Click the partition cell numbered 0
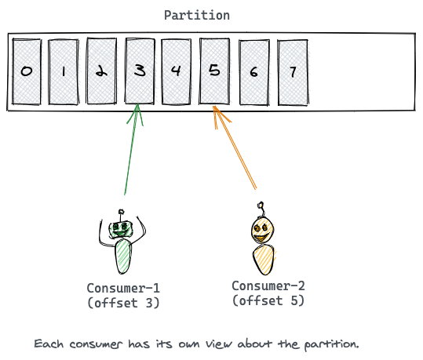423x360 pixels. pos(27,71)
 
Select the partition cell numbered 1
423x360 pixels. pos(64,71)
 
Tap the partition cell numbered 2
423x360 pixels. pos(101,71)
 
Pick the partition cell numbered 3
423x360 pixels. pos(140,71)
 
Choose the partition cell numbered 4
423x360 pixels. pos(177,71)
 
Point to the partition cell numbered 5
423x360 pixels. pos(214,71)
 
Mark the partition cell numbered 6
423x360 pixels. pos(254,72)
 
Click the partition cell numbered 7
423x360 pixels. pos(293,72)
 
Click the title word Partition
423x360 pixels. pos(197,16)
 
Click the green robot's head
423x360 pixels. pos(121,229)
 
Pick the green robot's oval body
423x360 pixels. pos(123,256)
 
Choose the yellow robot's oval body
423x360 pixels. pos(264,260)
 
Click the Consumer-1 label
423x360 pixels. pos(123,288)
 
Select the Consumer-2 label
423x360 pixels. pos(268,285)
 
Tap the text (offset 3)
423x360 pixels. pos(123,303)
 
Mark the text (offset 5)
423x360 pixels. pos(268,300)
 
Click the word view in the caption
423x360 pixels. pos(219,344)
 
